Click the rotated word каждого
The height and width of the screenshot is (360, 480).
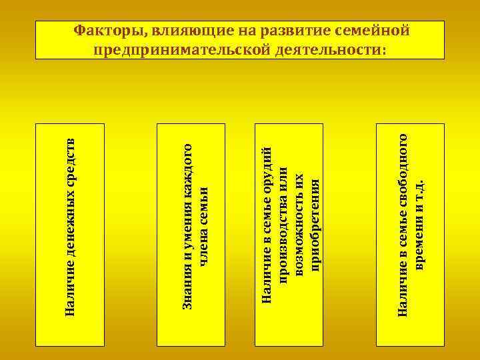[188, 167]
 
